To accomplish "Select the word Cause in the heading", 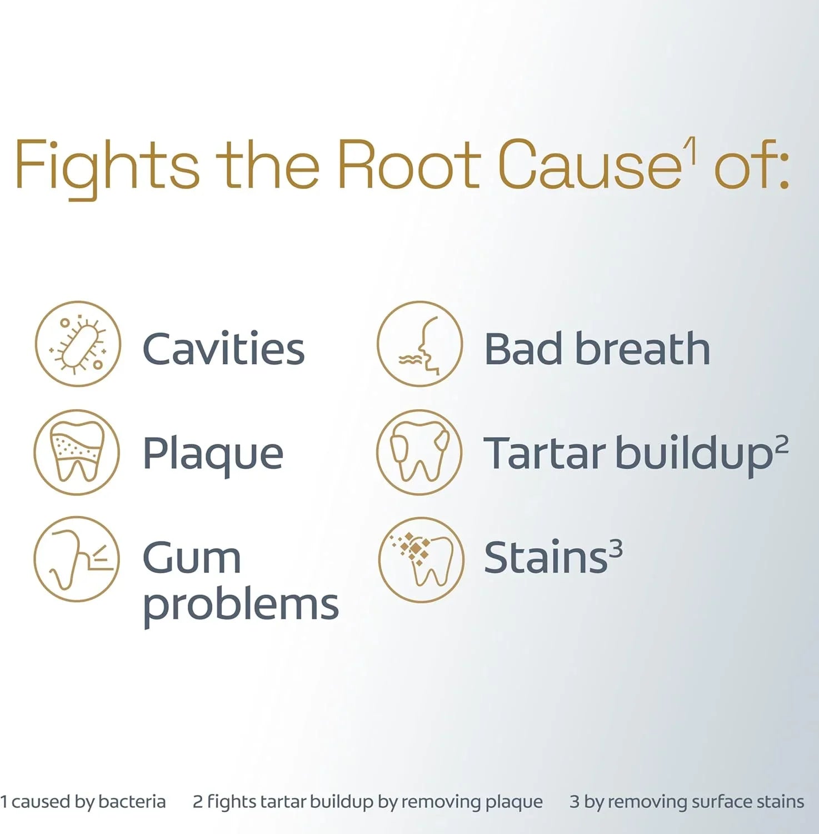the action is (x=590, y=163).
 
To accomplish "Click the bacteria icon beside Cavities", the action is (x=78, y=344).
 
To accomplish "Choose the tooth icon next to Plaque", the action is (x=77, y=452).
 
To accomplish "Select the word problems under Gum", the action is (x=241, y=606).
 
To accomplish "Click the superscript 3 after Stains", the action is (x=616, y=549).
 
